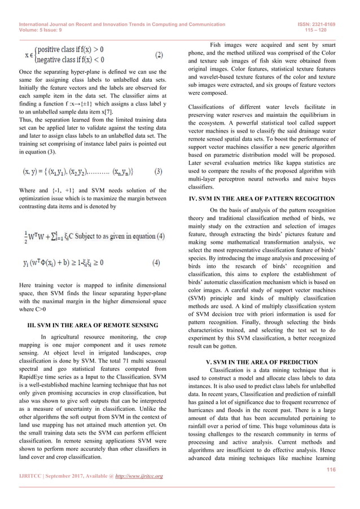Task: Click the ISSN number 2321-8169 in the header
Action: point(327,25)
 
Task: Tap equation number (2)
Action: point(159,56)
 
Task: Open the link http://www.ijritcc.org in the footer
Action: point(138,477)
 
